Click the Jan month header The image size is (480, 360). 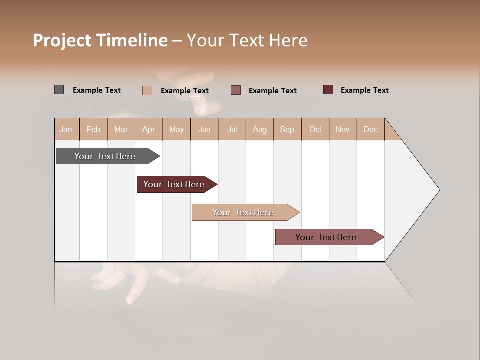(x=66, y=130)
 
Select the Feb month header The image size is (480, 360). (x=93, y=130)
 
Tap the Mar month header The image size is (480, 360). (x=121, y=130)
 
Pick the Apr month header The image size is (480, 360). (x=149, y=130)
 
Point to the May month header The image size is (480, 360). (x=176, y=130)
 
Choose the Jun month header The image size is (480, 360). (x=204, y=130)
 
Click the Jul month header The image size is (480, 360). (x=232, y=130)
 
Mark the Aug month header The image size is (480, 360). (x=260, y=130)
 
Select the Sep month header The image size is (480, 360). (x=287, y=130)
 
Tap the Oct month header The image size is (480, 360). (x=315, y=130)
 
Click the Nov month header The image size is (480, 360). (x=343, y=130)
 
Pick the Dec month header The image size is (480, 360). (x=371, y=130)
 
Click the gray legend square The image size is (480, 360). (x=59, y=90)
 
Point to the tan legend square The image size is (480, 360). (x=147, y=90)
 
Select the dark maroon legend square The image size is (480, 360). (x=328, y=90)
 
